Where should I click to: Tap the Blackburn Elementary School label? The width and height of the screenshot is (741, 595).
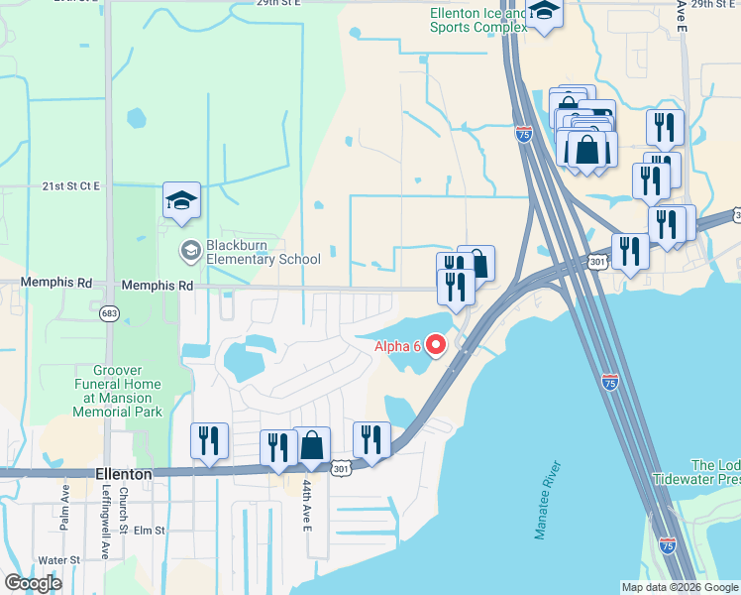pyautogui.click(x=262, y=252)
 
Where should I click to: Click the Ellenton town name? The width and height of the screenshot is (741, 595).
pyautogui.click(x=124, y=474)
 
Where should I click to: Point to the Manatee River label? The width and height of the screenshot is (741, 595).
pyautogui.click(x=547, y=500)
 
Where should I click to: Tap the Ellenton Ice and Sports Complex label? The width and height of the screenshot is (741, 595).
pyautogui.click(x=476, y=20)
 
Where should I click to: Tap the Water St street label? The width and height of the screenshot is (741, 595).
pyautogui.click(x=59, y=560)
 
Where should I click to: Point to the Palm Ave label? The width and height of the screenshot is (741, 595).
pyautogui.click(x=64, y=506)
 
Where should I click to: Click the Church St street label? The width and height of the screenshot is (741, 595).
pyautogui.click(x=125, y=508)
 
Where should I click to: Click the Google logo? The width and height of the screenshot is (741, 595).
pyautogui.click(x=33, y=583)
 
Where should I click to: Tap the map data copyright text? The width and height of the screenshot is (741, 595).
pyautogui.click(x=680, y=587)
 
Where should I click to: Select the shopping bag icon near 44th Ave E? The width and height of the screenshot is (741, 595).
pyautogui.click(x=311, y=445)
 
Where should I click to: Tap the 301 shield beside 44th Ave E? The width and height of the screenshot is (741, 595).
pyautogui.click(x=341, y=467)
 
